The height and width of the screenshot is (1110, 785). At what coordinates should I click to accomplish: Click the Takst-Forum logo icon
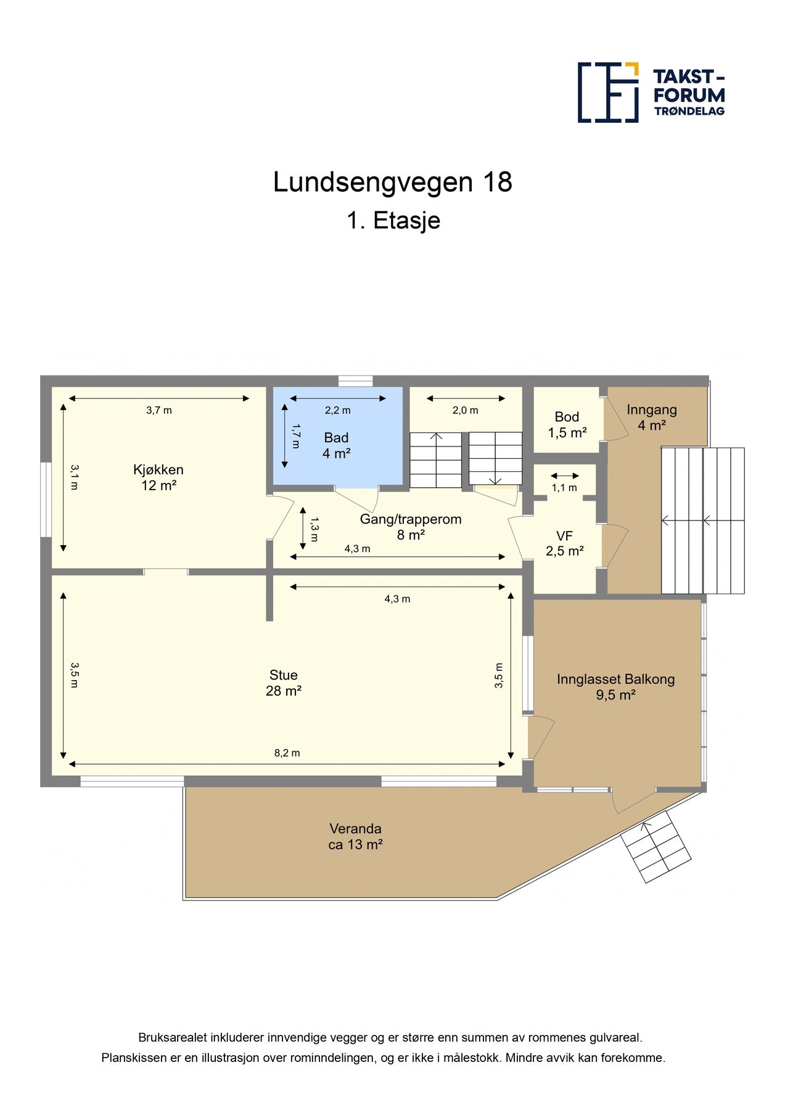click(x=607, y=92)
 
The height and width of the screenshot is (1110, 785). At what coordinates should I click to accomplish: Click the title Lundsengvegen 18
click(x=392, y=183)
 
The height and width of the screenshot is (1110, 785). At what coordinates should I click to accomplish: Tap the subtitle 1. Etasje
click(x=393, y=221)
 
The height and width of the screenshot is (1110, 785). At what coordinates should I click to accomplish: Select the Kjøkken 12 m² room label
click(x=158, y=477)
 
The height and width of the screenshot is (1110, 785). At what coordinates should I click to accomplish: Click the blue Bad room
click(x=337, y=445)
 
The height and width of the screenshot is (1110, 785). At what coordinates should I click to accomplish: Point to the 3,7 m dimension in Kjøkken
click(x=158, y=410)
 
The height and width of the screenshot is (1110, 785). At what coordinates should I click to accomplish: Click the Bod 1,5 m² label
click(x=566, y=424)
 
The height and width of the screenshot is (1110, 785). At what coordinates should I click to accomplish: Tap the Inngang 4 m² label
click(x=651, y=417)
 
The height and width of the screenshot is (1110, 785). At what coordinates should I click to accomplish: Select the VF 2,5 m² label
click(x=564, y=543)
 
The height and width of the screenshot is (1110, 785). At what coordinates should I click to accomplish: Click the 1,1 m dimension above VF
click(x=564, y=488)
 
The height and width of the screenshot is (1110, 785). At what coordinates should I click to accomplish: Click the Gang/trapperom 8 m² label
click(x=411, y=527)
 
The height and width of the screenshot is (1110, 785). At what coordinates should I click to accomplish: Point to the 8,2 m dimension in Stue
click(x=287, y=753)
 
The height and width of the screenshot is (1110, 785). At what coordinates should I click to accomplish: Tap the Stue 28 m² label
click(x=283, y=683)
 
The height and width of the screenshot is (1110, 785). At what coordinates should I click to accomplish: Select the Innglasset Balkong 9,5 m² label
click(x=615, y=687)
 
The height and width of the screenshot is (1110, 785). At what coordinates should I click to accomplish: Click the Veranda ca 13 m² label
click(x=355, y=836)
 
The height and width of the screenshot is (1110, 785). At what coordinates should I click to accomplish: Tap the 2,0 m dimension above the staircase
click(x=465, y=411)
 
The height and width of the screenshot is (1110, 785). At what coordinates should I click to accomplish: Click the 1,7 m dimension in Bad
click(x=297, y=436)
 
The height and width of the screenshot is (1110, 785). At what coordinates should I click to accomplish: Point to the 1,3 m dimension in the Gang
click(x=314, y=528)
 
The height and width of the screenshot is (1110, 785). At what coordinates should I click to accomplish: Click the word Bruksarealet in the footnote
click(x=172, y=1038)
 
